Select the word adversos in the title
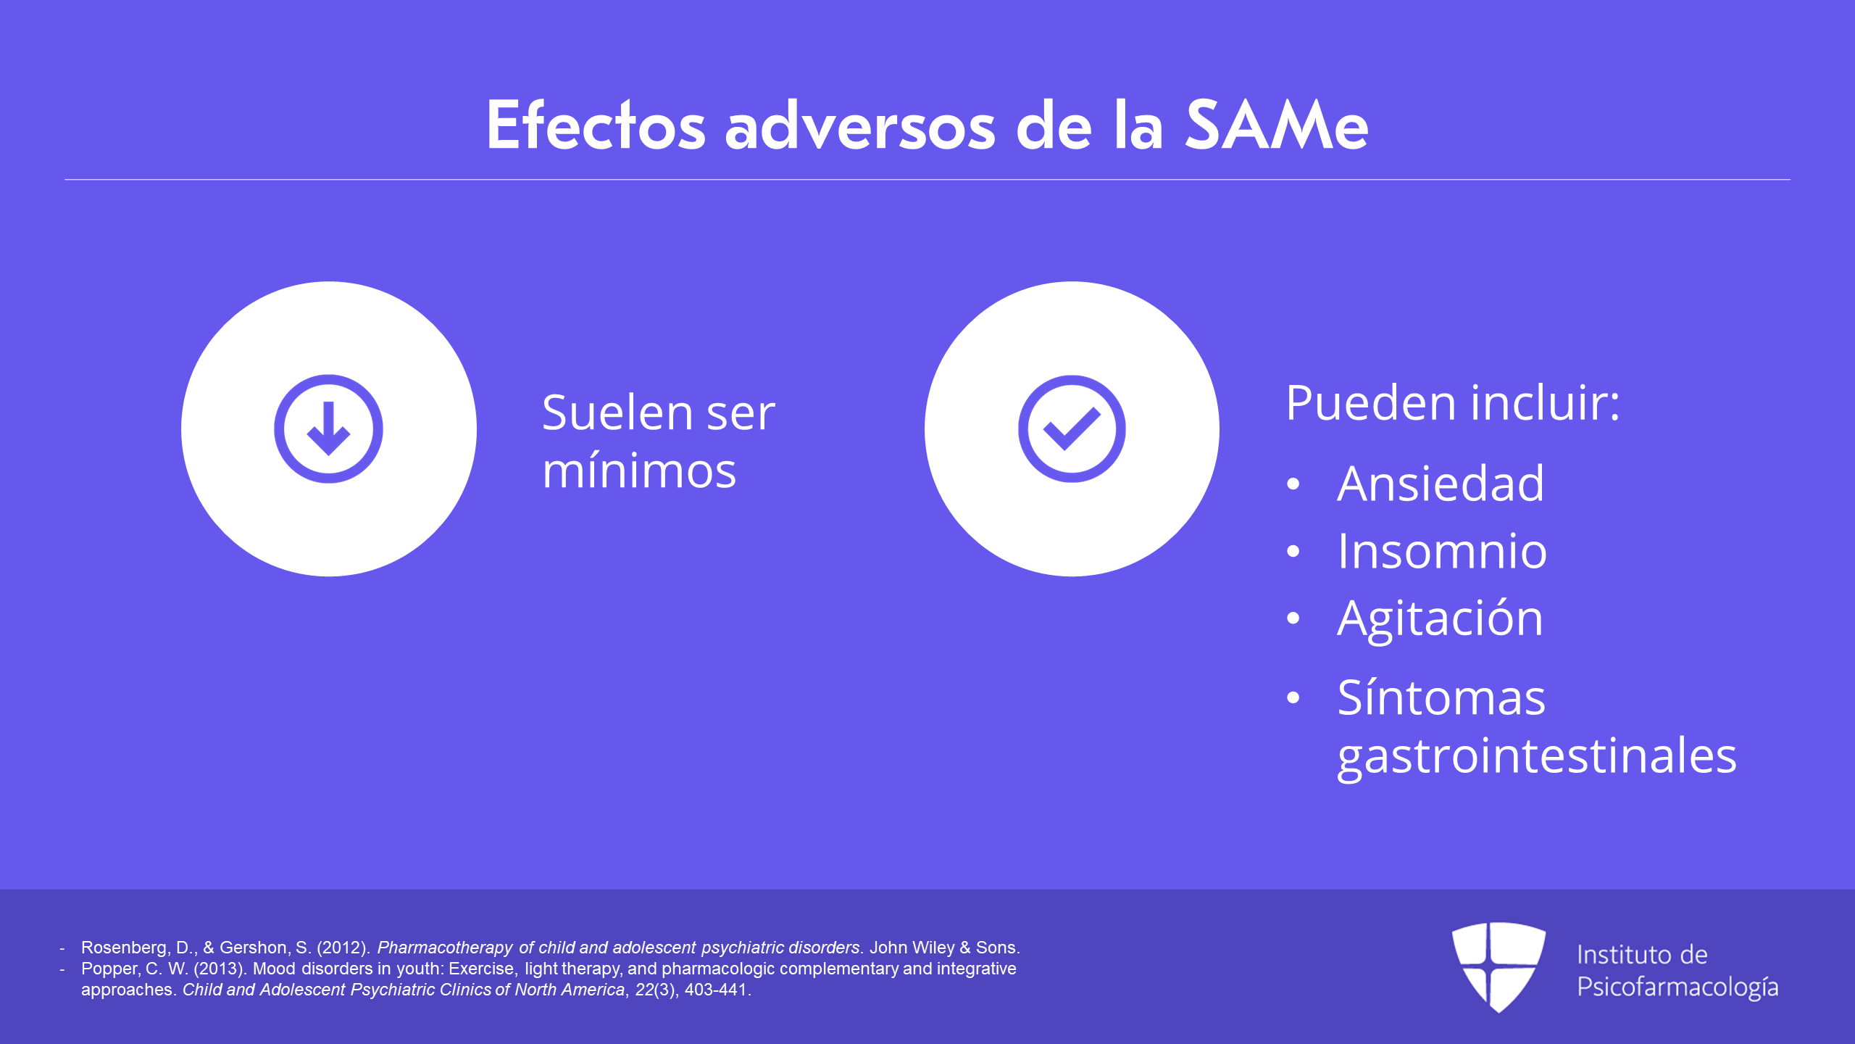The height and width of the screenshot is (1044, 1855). [x=861, y=127]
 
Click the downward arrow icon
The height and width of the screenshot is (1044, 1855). [x=328, y=428]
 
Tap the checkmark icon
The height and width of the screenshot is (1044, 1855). [x=1072, y=428]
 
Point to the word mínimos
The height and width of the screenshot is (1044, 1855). [x=639, y=471]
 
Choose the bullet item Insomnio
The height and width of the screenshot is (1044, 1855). [x=1442, y=551]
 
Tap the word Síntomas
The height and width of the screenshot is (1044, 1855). [x=1441, y=697]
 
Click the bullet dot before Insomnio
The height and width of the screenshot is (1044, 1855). [x=1293, y=552]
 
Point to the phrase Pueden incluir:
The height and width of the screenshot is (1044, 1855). [x=1453, y=403]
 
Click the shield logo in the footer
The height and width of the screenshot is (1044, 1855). [x=1498, y=967]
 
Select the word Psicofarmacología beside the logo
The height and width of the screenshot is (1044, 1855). [x=1677, y=987]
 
